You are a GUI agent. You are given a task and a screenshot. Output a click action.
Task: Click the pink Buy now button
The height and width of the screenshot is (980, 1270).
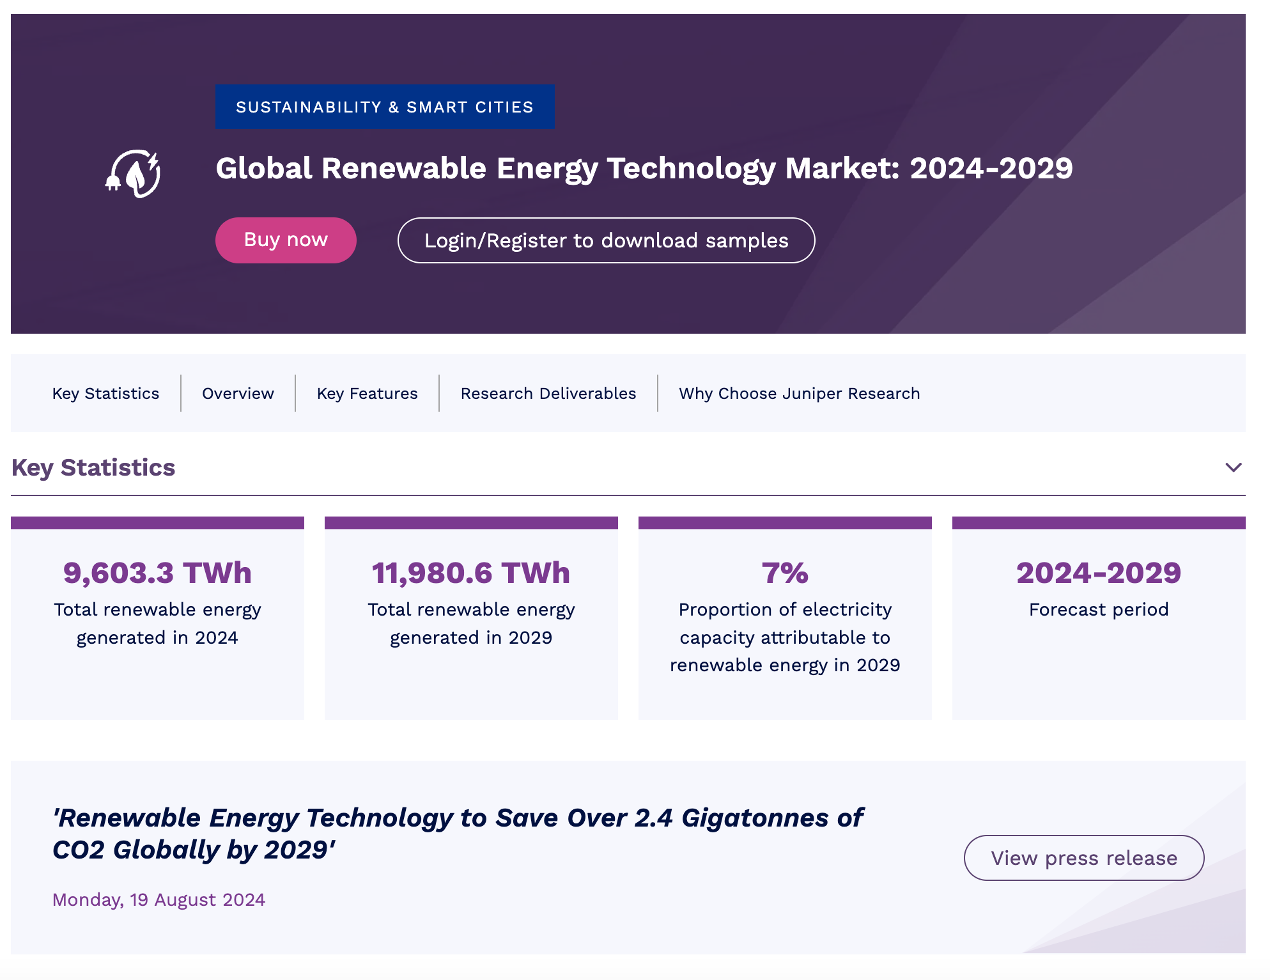tap(286, 240)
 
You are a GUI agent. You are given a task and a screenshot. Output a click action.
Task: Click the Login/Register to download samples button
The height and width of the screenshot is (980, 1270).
tap(606, 240)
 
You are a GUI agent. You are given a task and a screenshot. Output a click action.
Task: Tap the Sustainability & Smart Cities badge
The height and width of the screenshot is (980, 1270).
tap(385, 107)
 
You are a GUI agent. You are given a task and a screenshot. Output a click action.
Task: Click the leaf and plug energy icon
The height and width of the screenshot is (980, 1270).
tap(134, 173)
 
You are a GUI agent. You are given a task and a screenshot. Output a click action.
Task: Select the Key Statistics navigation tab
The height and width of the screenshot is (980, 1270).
tap(105, 393)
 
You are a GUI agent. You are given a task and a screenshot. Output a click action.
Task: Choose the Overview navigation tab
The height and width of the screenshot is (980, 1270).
tap(238, 393)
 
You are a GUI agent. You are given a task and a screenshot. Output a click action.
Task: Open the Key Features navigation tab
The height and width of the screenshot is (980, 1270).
tap(367, 393)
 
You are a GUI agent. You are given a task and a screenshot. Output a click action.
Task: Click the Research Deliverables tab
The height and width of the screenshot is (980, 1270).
tap(548, 393)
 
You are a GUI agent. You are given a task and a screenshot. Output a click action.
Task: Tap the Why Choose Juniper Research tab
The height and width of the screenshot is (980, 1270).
tap(799, 393)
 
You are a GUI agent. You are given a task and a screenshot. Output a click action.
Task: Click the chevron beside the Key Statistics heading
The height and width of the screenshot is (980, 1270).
tap(1233, 467)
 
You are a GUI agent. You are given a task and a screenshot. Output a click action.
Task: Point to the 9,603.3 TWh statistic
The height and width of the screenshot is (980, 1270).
tap(157, 573)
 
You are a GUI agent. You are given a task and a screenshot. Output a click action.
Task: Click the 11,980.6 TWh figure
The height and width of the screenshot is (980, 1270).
tap(471, 573)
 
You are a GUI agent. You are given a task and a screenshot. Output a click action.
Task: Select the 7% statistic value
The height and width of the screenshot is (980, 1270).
tap(785, 573)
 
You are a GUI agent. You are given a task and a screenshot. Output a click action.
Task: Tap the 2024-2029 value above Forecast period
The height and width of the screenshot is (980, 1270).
tap(1099, 573)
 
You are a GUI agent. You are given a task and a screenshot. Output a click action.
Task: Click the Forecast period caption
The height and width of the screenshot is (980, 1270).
tap(1099, 609)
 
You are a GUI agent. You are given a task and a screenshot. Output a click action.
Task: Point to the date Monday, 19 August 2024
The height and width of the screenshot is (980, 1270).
tap(159, 899)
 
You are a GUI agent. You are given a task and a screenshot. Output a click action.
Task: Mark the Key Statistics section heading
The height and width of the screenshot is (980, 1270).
tap(93, 467)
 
